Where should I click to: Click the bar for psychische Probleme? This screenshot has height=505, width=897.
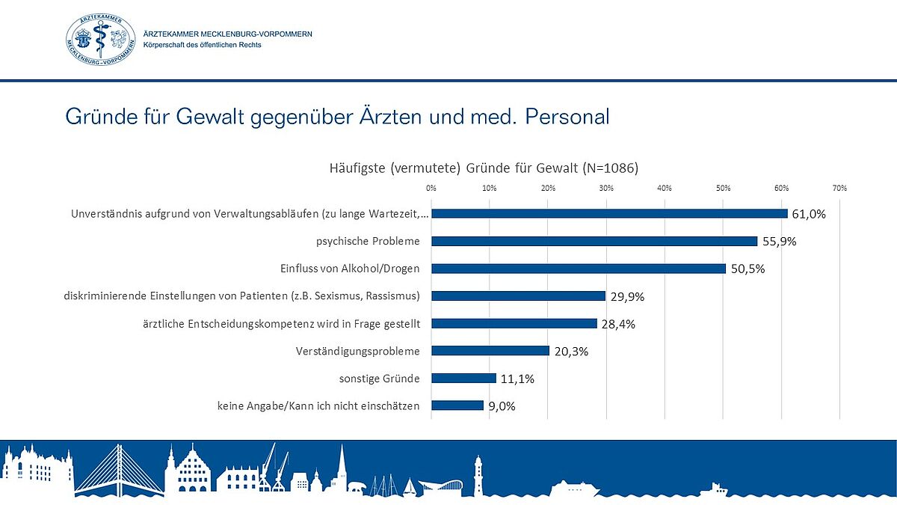point(594,241)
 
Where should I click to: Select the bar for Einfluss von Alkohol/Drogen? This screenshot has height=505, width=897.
point(579,269)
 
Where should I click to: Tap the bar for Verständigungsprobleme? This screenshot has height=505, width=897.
point(490,350)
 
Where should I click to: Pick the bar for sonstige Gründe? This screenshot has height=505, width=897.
point(463,378)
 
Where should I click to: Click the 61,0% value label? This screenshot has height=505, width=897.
point(809,214)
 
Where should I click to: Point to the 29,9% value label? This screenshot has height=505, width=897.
point(627,296)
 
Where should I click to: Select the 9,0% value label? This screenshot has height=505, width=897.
point(502,406)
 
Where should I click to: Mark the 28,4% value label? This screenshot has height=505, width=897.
point(618,324)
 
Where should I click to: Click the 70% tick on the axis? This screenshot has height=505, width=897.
point(839,188)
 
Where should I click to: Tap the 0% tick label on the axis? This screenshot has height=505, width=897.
point(431,188)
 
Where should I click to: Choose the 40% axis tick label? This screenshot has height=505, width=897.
point(665,188)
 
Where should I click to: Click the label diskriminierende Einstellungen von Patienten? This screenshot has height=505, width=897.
point(242,296)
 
